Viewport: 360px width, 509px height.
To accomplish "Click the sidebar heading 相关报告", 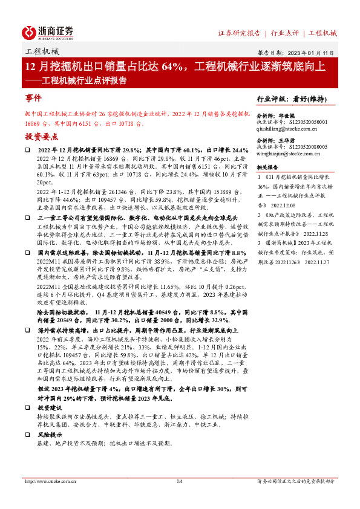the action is click(267, 166).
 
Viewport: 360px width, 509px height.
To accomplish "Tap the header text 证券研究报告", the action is click(239, 33).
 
